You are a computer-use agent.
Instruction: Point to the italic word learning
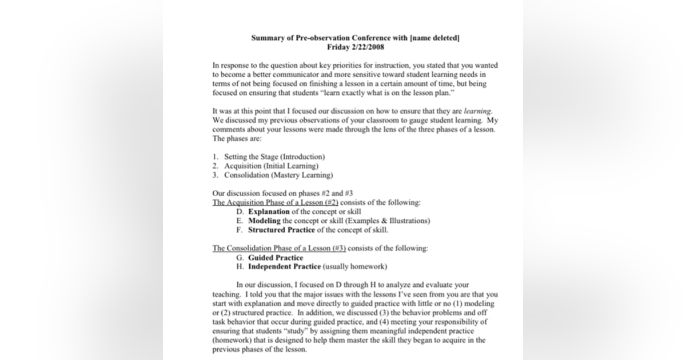pos(477,111)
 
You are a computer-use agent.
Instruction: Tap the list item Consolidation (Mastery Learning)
pos(278,175)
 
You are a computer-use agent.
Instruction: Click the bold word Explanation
pos(269,211)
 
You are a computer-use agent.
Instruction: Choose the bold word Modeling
pos(264,221)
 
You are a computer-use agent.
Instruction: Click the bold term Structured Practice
pos(281,230)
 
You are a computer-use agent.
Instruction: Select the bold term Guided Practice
pos(276,258)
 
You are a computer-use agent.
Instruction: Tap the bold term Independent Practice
pos(284,267)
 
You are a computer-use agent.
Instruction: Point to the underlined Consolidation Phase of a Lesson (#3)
pos(279,248)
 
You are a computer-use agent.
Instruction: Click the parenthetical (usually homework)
pos(355,267)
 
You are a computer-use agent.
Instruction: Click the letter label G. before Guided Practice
pos(240,258)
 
